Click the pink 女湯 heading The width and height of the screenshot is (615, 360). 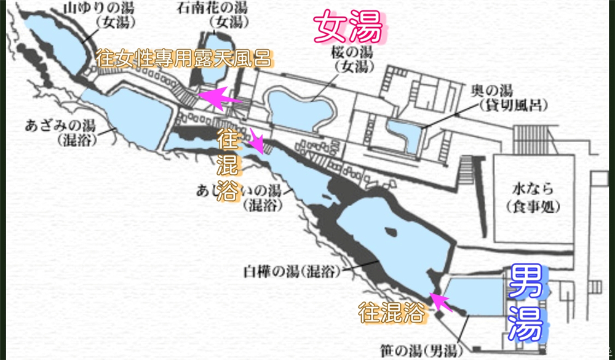pos(348,28)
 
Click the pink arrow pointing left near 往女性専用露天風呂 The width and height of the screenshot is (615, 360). pos(218,97)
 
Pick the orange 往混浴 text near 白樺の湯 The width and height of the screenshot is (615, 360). pos(391,313)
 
